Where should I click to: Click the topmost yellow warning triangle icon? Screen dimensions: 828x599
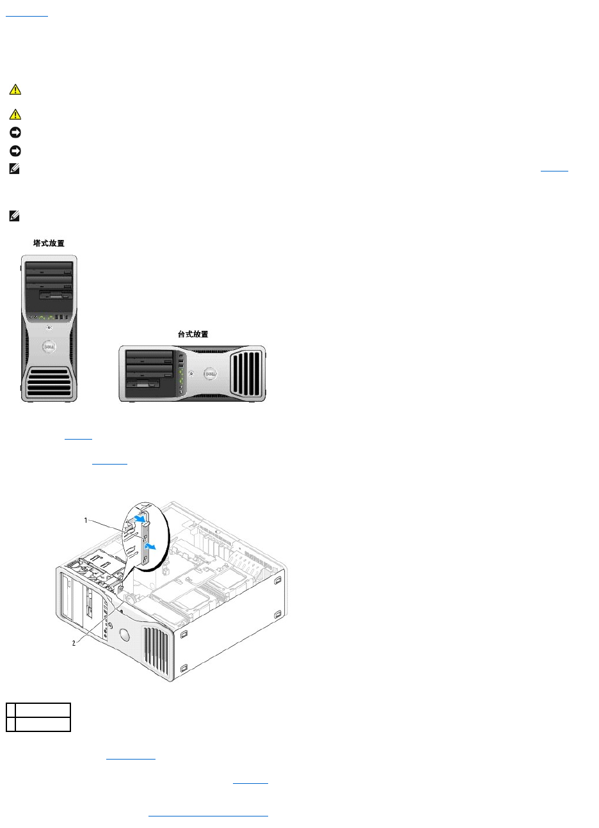tap(15, 90)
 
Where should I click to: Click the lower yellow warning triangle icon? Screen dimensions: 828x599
tap(15, 115)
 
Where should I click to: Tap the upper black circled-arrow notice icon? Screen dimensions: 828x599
tap(15, 133)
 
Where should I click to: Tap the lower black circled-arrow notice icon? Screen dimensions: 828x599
tap(15, 152)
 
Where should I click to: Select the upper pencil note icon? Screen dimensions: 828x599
tap(15, 170)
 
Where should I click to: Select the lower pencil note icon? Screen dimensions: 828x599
tap(15, 216)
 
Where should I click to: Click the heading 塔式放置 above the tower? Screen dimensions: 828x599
tap(49, 243)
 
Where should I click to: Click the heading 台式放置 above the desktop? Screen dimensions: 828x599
tap(193, 334)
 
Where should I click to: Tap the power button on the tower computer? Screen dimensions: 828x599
tap(49, 328)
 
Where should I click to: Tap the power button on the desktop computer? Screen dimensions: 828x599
tap(192, 372)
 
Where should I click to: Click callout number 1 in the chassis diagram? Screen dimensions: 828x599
tap(86, 521)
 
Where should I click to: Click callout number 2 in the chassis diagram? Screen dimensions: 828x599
tap(74, 643)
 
